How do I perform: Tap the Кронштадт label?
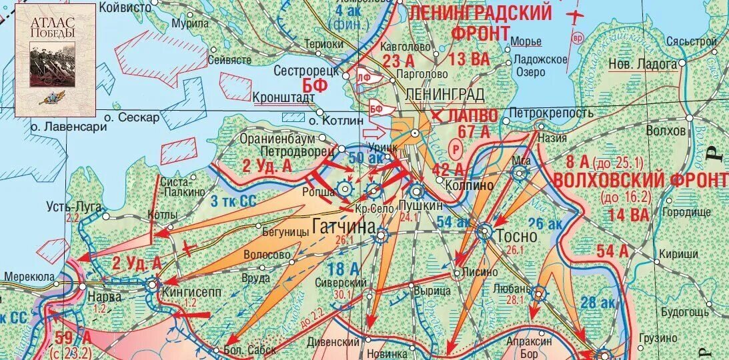tap(283, 97)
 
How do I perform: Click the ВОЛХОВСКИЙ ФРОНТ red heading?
tap(640, 181)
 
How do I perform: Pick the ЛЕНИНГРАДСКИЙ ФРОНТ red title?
tap(480, 21)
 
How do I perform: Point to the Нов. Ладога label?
tap(642, 64)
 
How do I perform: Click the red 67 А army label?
tap(474, 131)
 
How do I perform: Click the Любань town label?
tap(512, 290)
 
